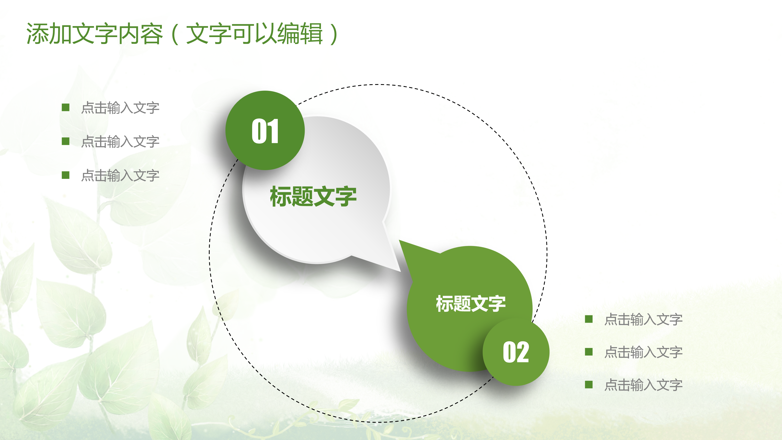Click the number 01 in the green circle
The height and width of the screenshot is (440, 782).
click(x=265, y=131)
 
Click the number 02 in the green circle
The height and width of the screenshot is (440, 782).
click(x=516, y=352)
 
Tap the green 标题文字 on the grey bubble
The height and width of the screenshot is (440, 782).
click(x=313, y=197)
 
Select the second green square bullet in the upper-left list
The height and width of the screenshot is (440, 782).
click(x=66, y=141)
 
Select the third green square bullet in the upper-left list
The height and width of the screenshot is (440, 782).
click(x=66, y=175)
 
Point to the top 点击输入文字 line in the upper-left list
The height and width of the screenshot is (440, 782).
click(x=120, y=108)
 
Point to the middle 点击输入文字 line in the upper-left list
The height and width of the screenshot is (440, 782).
click(x=120, y=142)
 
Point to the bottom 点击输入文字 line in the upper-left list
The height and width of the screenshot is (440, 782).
click(x=120, y=176)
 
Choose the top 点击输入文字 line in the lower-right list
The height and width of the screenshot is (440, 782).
click(x=643, y=319)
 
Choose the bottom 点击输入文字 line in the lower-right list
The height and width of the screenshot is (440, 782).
click(x=643, y=385)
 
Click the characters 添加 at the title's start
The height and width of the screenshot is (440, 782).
click(x=49, y=33)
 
